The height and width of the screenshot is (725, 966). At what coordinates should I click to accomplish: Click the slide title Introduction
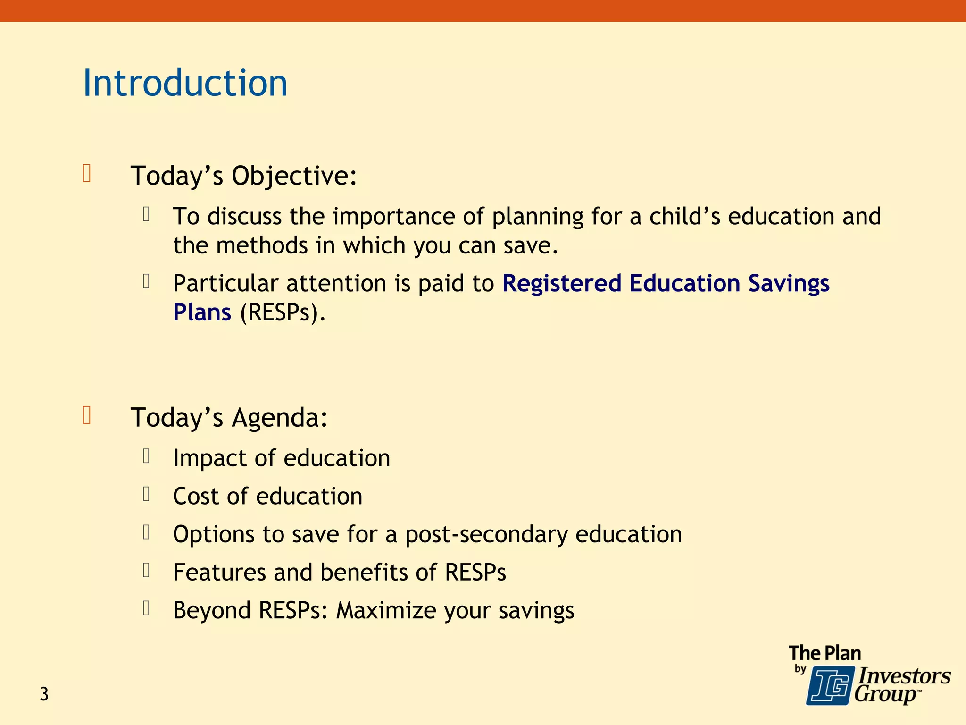click(x=185, y=83)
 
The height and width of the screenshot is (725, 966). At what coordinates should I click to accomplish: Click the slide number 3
click(x=44, y=694)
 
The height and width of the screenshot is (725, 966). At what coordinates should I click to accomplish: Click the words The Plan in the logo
click(x=824, y=653)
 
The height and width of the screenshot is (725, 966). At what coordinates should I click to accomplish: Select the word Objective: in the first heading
click(x=294, y=176)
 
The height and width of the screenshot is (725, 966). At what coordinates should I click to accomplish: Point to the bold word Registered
click(x=561, y=283)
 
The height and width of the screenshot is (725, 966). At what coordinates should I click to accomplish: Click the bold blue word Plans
click(x=202, y=312)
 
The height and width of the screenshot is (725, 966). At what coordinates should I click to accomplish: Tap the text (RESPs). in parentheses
click(x=283, y=312)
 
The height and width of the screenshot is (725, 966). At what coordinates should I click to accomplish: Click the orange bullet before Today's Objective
click(x=87, y=173)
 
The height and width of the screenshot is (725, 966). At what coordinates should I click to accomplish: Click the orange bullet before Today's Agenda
click(x=87, y=415)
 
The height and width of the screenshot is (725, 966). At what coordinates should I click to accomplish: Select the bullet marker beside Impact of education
click(x=146, y=456)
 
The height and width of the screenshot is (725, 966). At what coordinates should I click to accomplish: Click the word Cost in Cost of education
click(x=196, y=497)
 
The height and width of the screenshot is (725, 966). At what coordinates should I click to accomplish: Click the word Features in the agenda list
click(x=219, y=573)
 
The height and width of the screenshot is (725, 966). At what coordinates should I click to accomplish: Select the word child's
click(x=684, y=217)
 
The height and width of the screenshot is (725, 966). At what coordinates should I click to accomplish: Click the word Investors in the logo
click(x=904, y=676)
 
